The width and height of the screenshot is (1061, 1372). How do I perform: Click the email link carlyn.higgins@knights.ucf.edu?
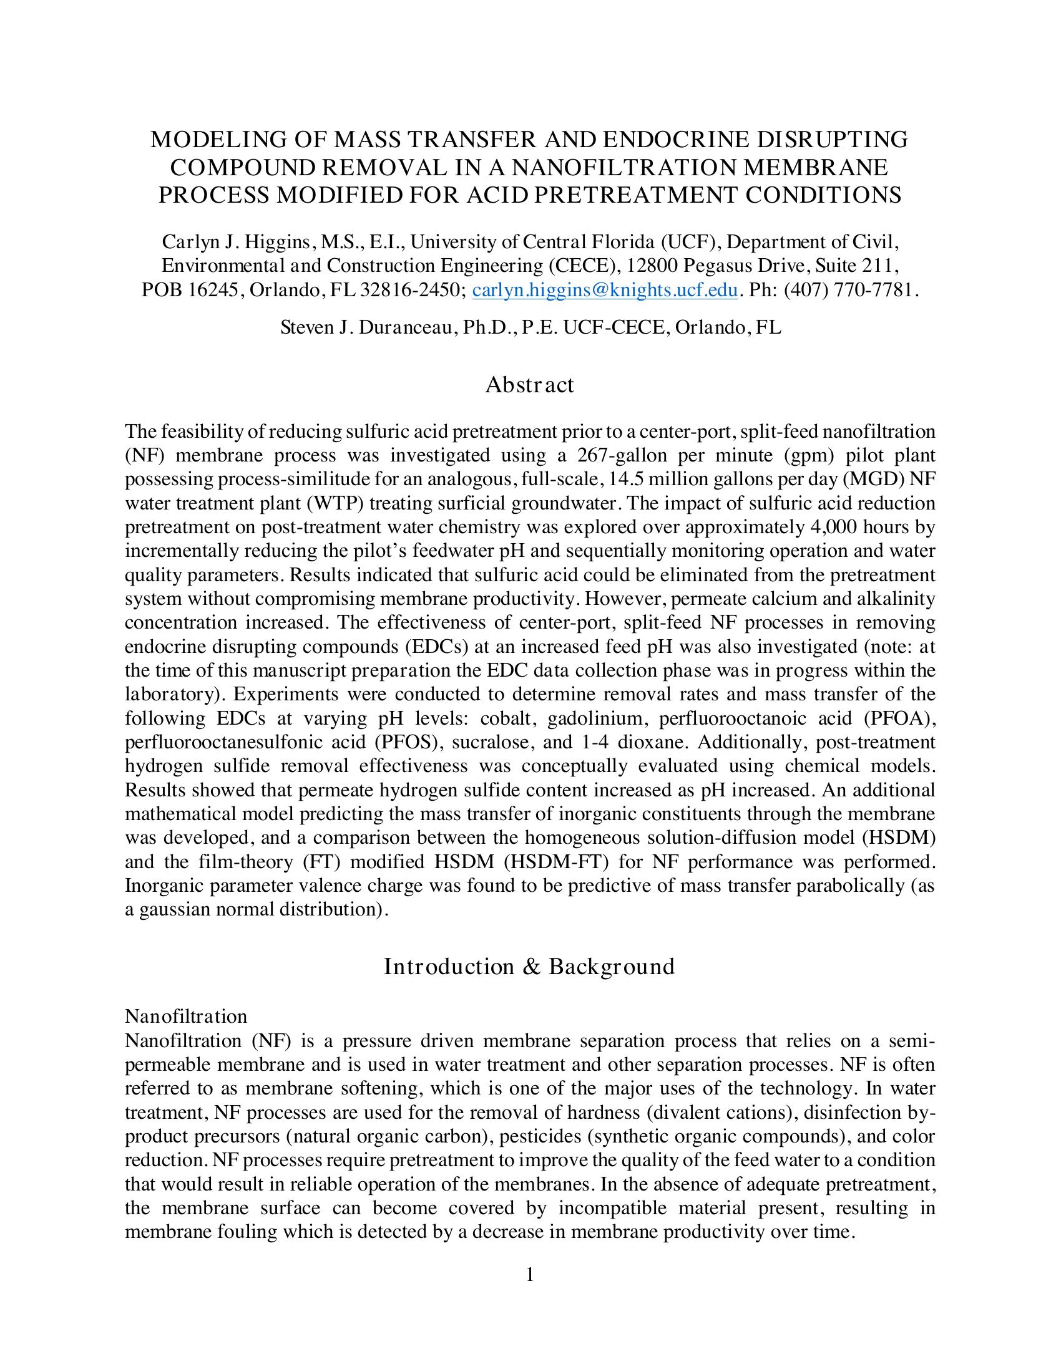click(x=604, y=289)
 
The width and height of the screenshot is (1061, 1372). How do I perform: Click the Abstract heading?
click(x=529, y=384)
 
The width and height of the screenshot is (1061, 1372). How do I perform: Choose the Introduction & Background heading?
click(x=529, y=966)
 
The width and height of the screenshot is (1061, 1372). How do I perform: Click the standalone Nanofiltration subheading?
click(x=186, y=1016)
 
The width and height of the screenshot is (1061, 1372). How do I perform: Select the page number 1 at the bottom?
click(x=530, y=1275)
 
